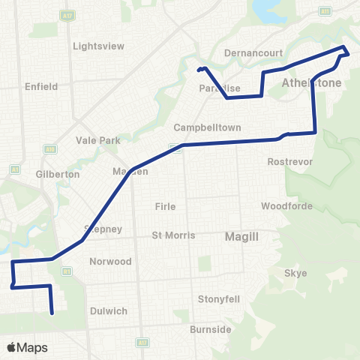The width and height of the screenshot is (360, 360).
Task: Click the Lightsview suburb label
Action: coord(98,46)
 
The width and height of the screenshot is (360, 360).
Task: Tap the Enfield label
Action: coord(41,87)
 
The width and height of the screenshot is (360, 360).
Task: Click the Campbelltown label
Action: coord(208,127)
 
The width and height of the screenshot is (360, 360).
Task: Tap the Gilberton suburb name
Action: coord(58,174)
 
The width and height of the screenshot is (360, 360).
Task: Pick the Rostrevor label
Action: coord(285,161)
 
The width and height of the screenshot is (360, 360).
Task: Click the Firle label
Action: coord(164,206)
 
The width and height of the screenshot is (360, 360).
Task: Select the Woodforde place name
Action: coord(281,205)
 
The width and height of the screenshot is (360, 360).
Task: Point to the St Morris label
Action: coord(173,235)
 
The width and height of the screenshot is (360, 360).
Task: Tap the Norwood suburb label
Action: coord(110,262)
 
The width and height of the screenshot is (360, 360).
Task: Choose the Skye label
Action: coord(296,273)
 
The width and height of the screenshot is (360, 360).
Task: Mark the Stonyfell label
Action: coord(219,298)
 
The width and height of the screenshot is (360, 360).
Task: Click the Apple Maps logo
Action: coord(27,347)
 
